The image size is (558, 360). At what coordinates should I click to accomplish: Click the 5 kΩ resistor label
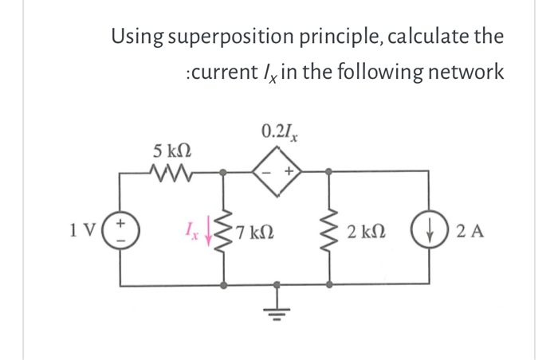[172, 150]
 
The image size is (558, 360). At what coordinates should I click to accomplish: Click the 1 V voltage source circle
[121, 233]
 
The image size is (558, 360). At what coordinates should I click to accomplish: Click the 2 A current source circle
[420, 233]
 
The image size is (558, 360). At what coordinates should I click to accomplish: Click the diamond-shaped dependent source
[277, 170]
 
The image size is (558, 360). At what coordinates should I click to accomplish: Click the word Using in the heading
[137, 37]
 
